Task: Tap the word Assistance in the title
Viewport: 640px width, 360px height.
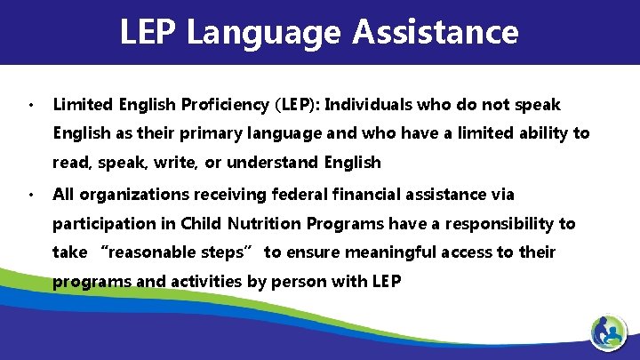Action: coord(435,32)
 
